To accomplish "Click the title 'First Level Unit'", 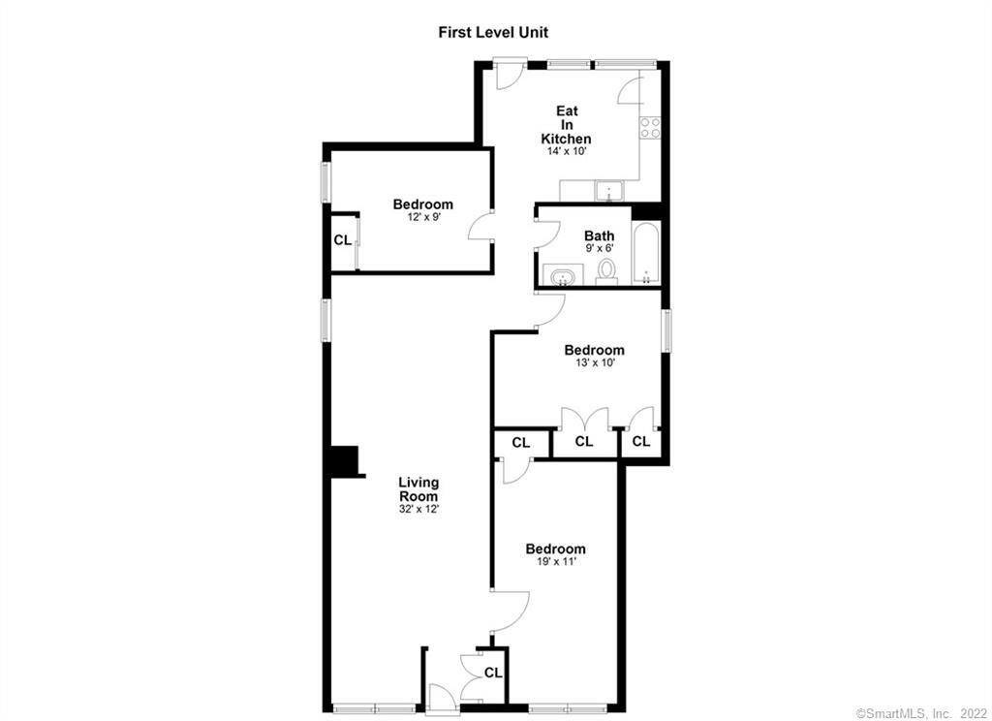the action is click(493, 32).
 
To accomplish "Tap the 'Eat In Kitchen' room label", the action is click(566, 125).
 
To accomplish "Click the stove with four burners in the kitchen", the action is click(650, 127).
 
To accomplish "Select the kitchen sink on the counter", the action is click(608, 191).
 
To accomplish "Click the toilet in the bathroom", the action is click(607, 270).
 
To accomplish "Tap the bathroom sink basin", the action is click(562, 277).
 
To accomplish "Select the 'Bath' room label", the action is click(599, 236).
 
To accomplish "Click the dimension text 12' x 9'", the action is click(423, 216).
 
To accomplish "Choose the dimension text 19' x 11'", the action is click(555, 561).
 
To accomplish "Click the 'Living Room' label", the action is click(418, 489).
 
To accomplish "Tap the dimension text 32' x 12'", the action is click(418, 509).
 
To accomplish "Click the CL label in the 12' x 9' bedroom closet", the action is click(342, 240).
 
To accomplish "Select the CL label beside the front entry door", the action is click(493, 673).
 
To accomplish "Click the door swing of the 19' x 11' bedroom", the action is click(511, 611).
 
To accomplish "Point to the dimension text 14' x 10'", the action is click(567, 152).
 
